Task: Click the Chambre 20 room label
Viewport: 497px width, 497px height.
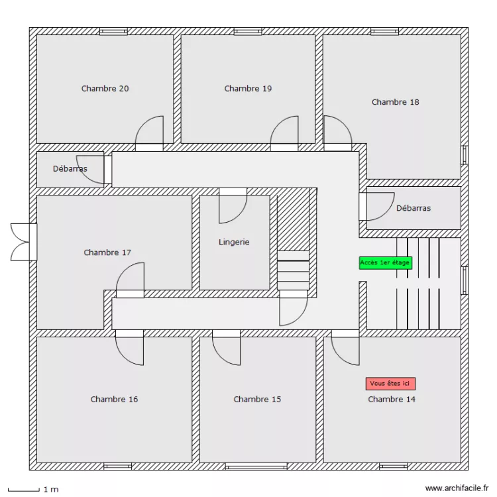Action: [105, 89]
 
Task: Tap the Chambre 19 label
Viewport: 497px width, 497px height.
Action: [248, 89]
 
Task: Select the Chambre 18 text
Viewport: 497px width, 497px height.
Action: [395, 102]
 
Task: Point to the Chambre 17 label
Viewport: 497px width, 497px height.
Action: [107, 252]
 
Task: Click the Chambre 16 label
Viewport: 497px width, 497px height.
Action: [114, 400]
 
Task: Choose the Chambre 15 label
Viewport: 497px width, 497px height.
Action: [257, 400]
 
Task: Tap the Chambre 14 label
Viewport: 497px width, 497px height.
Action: [392, 400]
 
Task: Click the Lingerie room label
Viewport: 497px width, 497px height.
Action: [234, 243]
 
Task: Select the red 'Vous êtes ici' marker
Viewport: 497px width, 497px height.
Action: [390, 384]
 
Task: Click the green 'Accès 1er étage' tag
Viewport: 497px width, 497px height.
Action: [385, 262]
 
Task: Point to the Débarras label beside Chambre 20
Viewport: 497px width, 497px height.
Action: [70, 169]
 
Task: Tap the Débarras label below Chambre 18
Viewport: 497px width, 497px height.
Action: [413, 208]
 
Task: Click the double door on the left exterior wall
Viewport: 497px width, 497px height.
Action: [23, 242]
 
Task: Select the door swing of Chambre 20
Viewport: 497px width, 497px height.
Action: [150, 131]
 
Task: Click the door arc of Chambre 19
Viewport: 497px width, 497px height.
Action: [285, 131]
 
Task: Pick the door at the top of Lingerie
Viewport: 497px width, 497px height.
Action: [233, 207]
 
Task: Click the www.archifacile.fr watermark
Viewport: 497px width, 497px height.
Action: [456, 488]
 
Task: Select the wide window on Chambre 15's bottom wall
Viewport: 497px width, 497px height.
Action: [256, 467]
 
